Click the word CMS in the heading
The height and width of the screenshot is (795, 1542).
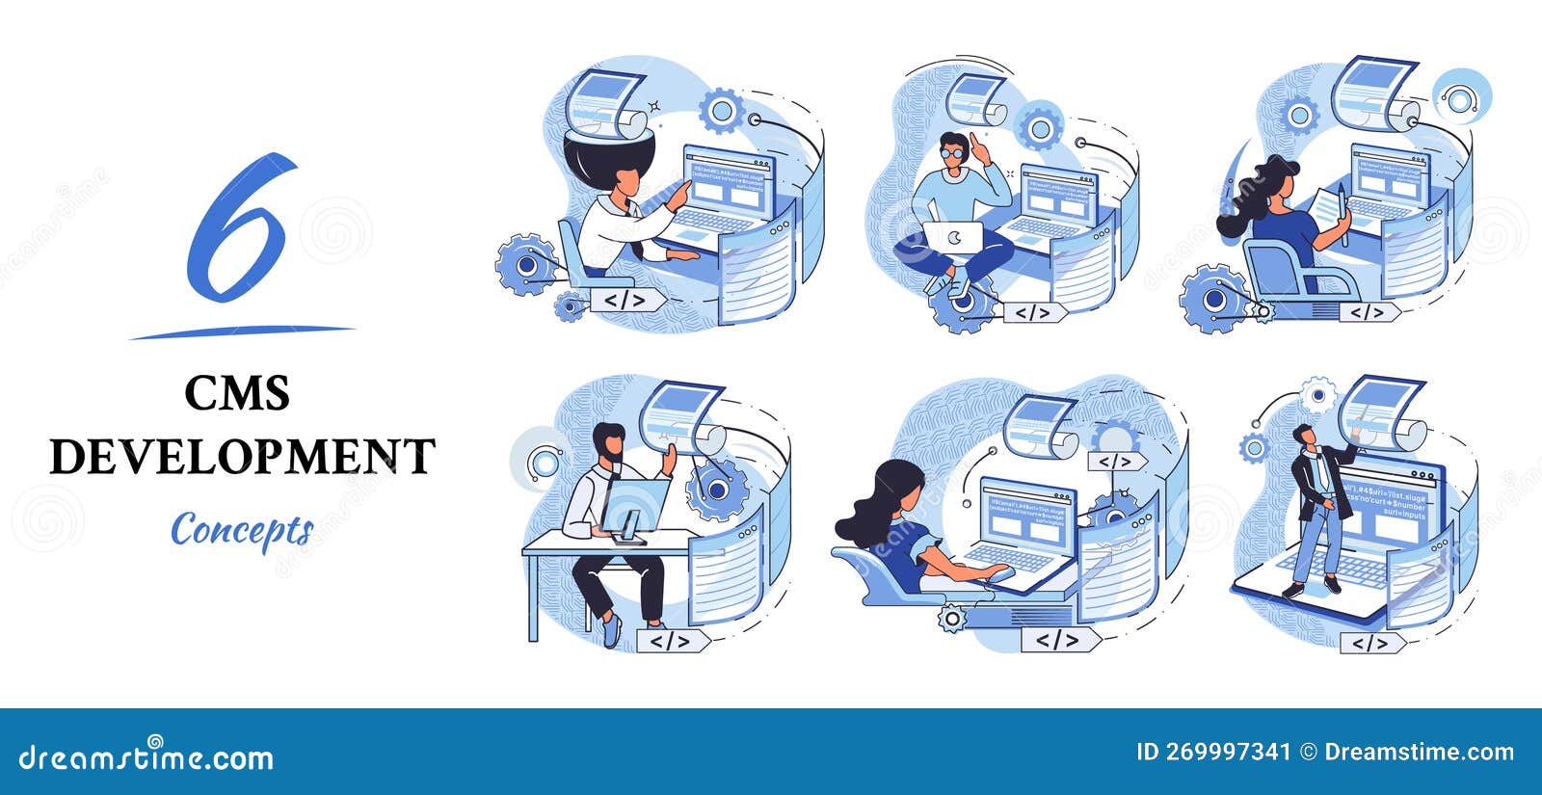pyautogui.click(x=237, y=393)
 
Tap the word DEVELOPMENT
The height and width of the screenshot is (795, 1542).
pyautogui.click(x=242, y=456)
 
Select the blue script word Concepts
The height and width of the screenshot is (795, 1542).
pyautogui.click(x=242, y=529)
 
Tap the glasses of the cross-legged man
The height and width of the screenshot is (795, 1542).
pyautogui.click(x=952, y=152)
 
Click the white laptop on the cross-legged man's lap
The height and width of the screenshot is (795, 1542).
pyautogui.click(x=952, y=237)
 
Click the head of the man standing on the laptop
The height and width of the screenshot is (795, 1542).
pyautogui.click(x=1303, y=435)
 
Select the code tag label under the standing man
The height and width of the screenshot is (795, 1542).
pyautogui.click(x=1371, y=643)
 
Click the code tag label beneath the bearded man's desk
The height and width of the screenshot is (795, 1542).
pyautogui.click(x=671, y=640)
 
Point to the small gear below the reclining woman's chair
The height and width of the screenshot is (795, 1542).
pyautogui.click(x=952, y=618)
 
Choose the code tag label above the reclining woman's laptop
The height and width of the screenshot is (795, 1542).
pyautogui.click(x=1116, y=462)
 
